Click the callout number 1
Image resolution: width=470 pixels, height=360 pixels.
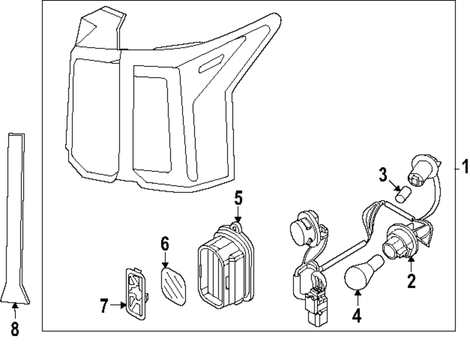464,167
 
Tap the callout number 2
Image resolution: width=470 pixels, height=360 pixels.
411,281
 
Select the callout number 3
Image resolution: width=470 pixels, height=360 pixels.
383,176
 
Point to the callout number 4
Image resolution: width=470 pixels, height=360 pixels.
357,314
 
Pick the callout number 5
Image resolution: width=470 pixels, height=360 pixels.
238,198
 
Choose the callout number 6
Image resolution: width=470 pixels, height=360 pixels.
164,244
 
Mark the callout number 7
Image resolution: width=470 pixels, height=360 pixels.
104,305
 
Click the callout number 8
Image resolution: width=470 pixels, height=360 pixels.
15,329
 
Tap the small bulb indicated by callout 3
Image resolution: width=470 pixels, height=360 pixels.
402,194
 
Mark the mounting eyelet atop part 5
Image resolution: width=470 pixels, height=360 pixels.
237,227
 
